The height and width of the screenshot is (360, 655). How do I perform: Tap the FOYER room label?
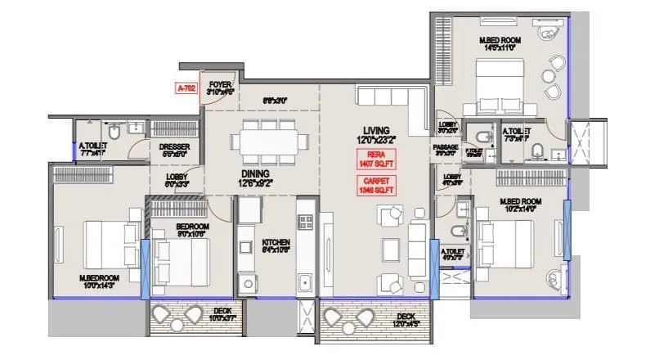coord(220,88)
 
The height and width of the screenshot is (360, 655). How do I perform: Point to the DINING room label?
coord(255,175)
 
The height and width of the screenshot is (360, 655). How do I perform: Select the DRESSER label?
coord(174,150)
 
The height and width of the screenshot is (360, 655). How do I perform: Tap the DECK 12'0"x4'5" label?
coord(406,319)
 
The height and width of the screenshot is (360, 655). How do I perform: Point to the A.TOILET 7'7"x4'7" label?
coord(92,148)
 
